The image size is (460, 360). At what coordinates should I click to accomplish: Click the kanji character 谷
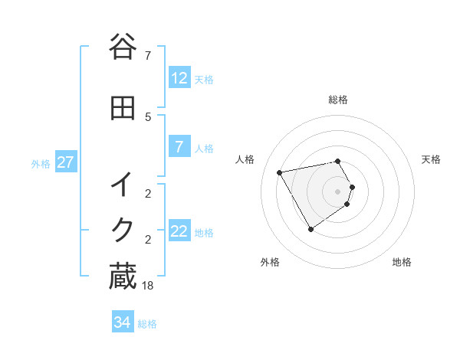point(123,47)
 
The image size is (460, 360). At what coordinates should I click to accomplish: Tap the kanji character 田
point(123,109)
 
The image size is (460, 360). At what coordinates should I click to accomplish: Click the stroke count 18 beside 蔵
point(149,285)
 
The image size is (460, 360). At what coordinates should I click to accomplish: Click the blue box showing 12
point(179,78)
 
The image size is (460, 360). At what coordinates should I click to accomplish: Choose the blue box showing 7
point(179,148)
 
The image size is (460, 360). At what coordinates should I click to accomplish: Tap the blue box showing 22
point(179,232)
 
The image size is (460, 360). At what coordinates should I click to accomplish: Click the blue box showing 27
point(65,162)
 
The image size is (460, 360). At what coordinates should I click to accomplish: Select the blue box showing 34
point(122,322)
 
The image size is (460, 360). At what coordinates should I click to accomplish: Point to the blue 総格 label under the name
point(147,324)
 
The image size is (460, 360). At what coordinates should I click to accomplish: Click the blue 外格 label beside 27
point(41,164)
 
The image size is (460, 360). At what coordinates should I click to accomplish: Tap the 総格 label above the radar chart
point(337,100)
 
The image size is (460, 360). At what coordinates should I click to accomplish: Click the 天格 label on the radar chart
point(431,159)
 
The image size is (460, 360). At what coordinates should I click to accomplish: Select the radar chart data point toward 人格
point(280,173)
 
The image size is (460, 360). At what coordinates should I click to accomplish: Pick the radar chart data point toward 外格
point(310,229)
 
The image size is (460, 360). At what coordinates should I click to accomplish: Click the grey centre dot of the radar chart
point(337,191)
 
